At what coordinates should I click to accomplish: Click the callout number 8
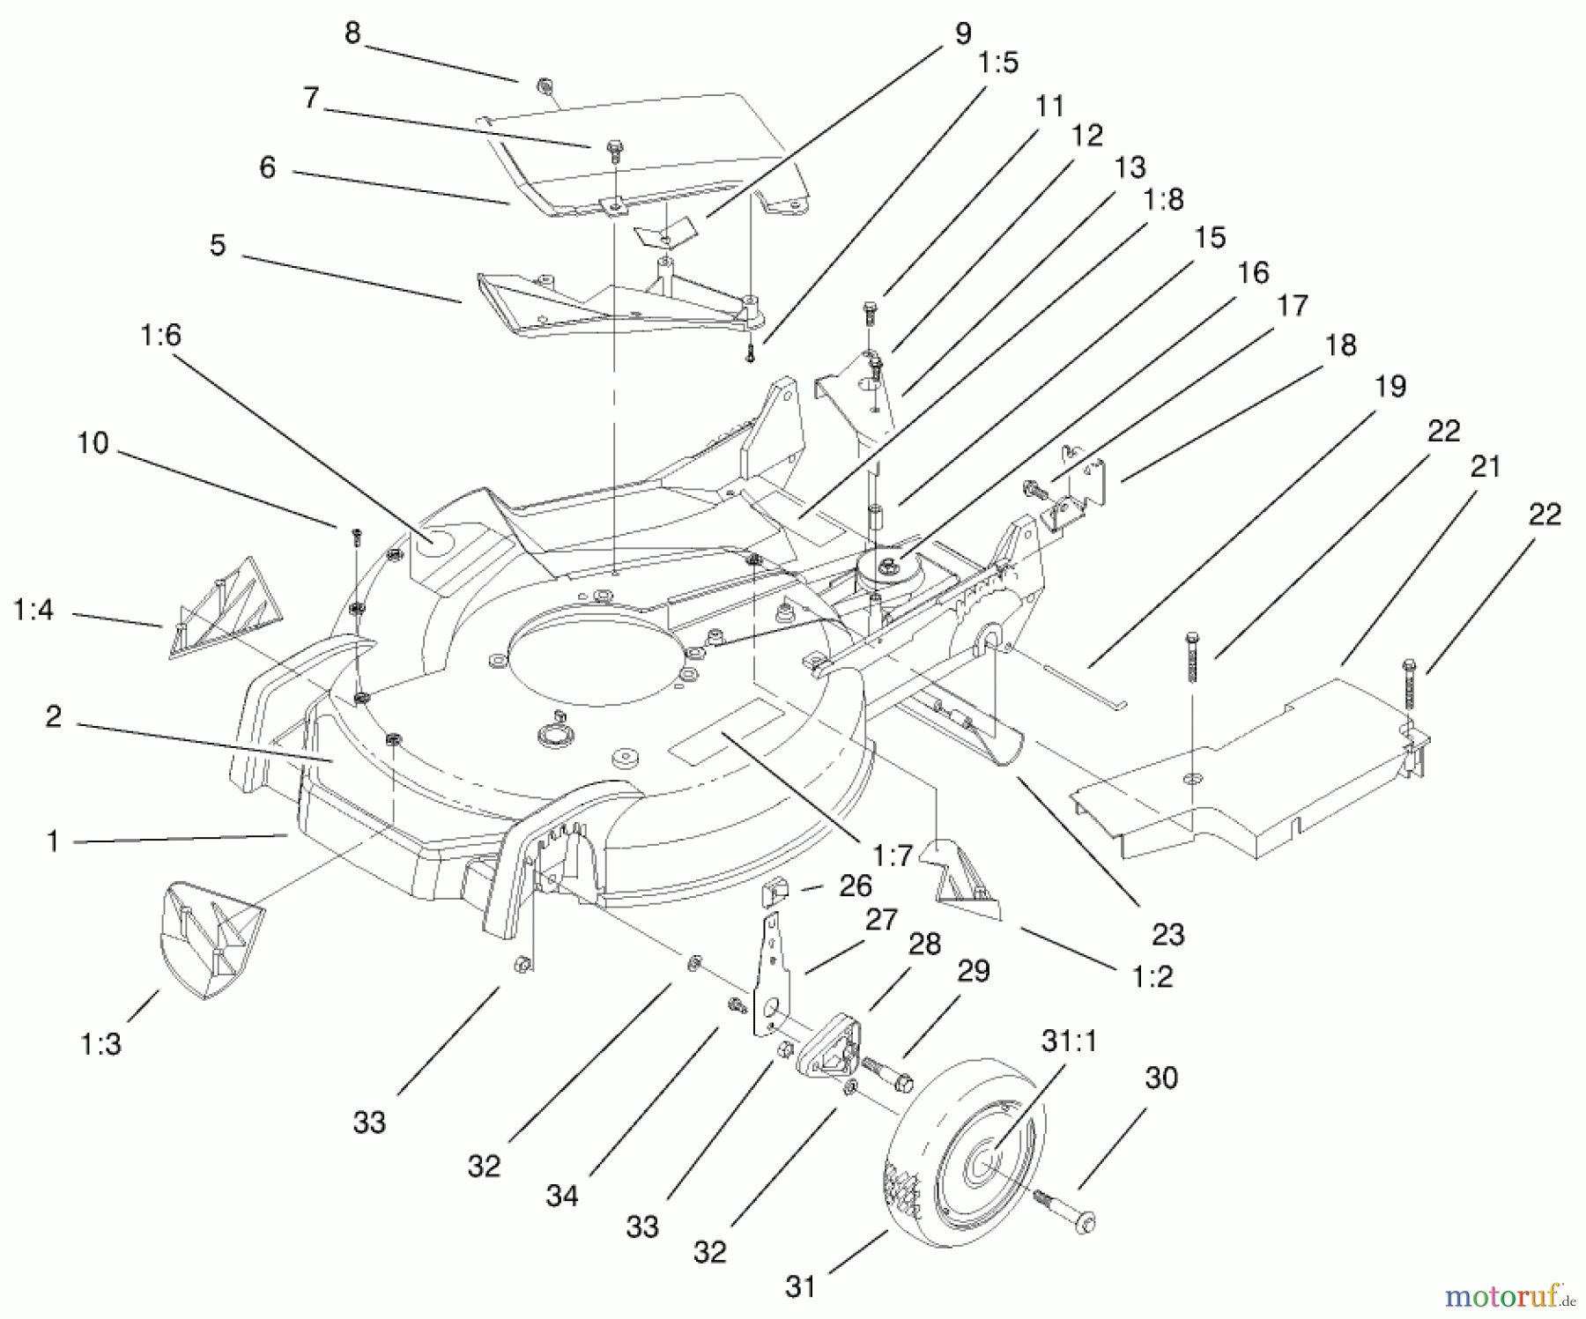coord(352,33)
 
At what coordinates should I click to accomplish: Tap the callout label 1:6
coord(160,335)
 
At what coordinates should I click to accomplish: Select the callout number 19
coord(1391,386)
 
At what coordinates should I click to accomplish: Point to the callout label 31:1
coord(1069,1041)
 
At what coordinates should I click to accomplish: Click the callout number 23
coord(1168,934)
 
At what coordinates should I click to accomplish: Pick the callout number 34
coord(562,1196)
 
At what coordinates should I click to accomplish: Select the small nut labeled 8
coord(545,86)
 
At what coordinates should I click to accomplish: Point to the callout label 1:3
coord(100,1044)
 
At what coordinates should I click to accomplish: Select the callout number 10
coord(93,442)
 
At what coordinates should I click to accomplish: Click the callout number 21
coord(1486,466)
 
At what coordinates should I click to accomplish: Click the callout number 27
coord(881,919)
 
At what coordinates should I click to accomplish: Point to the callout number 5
coord(218,245)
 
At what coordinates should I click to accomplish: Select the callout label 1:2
coord(1152,976)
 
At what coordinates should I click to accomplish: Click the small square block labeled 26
coord(773,894)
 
